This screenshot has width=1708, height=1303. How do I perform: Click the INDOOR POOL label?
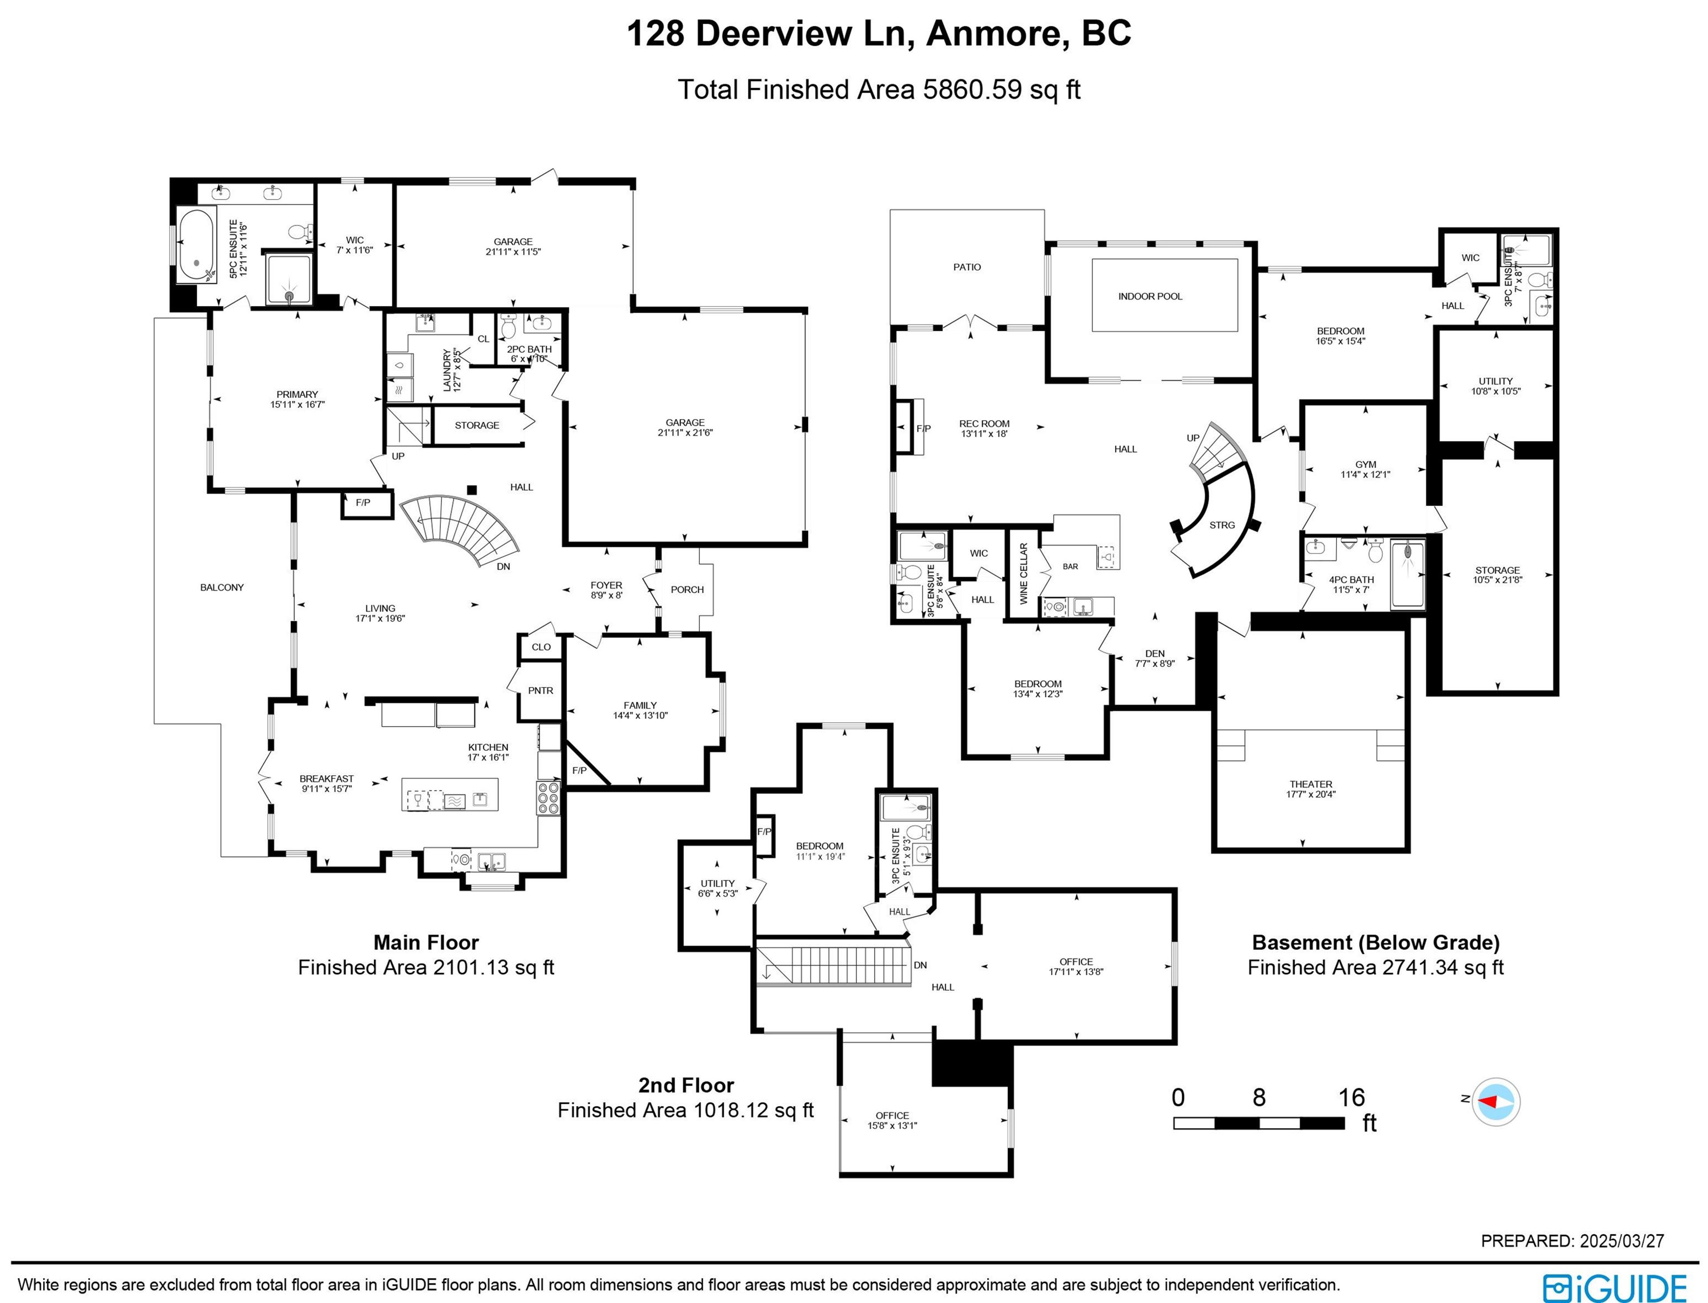1150,296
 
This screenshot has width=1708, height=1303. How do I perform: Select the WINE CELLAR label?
1023,574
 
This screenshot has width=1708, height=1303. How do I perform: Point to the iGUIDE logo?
1616,1287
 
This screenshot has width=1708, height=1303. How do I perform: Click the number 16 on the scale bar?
1351,1097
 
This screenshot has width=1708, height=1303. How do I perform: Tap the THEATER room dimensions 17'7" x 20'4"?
1311,794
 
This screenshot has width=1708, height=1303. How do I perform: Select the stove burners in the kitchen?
548,797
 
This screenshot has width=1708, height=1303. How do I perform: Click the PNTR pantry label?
540,690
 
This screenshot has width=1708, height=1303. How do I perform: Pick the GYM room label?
1366,464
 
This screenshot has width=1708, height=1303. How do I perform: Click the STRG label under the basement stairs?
1222,525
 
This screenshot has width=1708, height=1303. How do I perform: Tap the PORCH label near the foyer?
687,589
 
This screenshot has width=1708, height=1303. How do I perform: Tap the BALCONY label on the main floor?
222,587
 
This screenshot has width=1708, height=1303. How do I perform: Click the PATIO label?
967,267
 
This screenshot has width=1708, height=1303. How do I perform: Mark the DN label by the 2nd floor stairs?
920,966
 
